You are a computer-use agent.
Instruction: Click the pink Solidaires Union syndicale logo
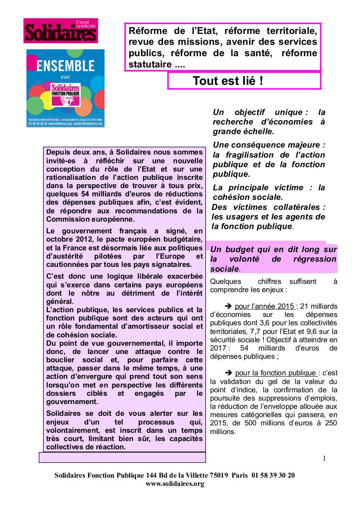61,30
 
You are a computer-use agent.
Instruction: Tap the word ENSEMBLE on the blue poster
65,66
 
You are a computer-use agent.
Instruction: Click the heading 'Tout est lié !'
228,81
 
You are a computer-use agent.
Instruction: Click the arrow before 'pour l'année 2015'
228,306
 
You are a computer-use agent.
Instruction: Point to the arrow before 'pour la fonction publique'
228,373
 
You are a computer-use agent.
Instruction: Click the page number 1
324,458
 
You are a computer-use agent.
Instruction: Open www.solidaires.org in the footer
174,484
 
